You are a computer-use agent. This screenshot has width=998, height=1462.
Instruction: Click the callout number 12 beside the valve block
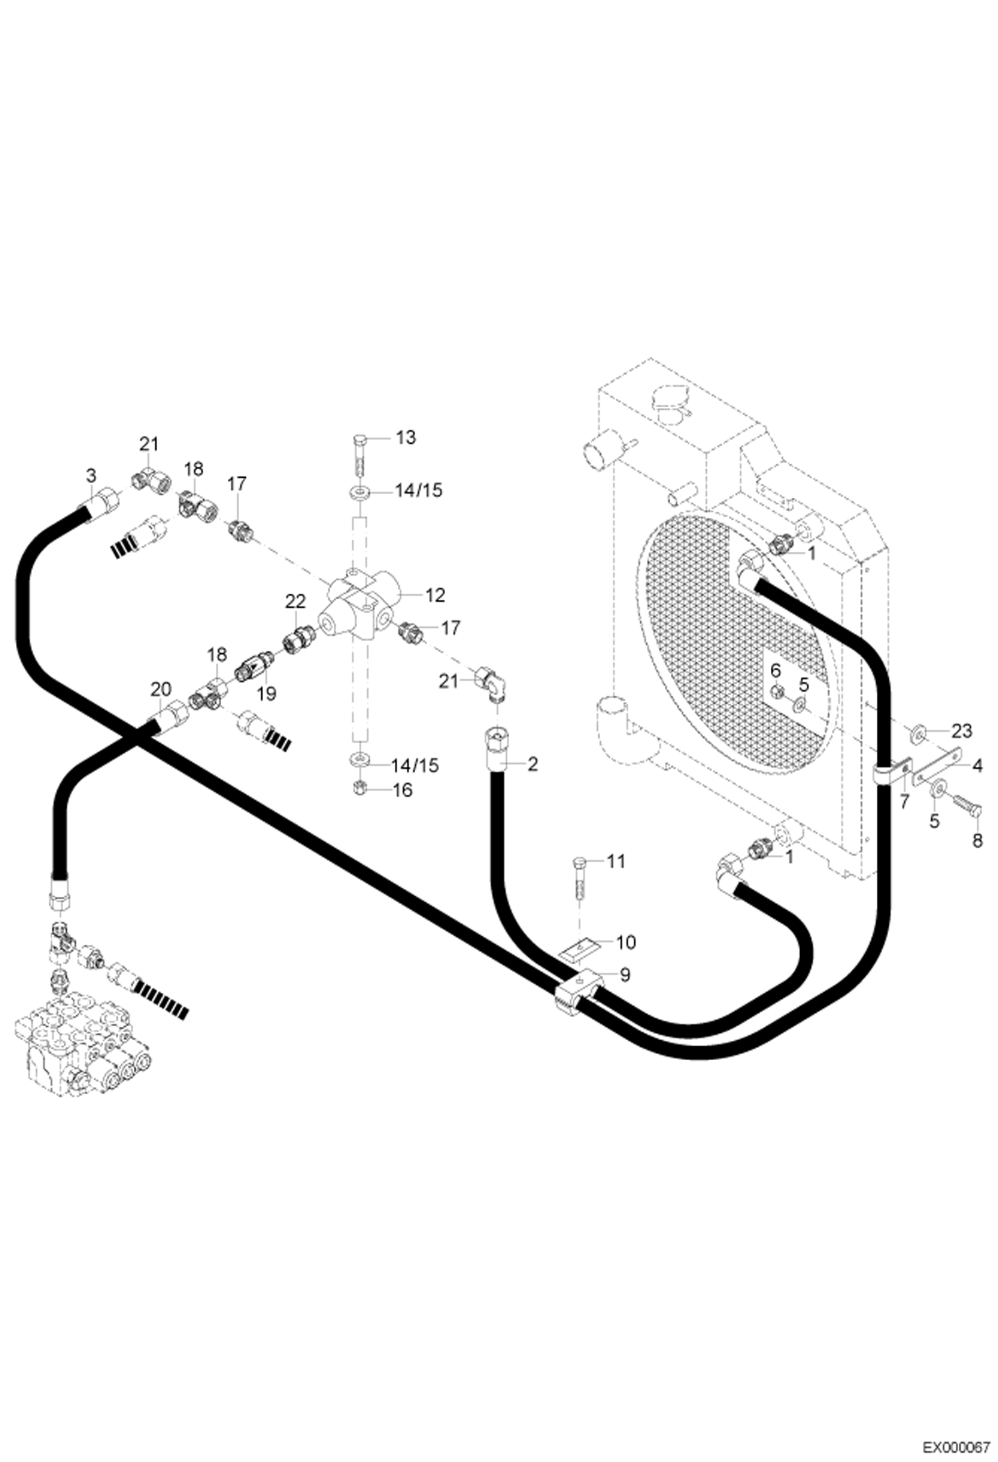pyautogui.click(x=434, y=594)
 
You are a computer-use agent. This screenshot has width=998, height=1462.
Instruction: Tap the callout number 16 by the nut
pyautogui.click(x=402, y=790)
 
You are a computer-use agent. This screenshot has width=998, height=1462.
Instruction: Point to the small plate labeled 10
pyautogui.click(x=578, y=948)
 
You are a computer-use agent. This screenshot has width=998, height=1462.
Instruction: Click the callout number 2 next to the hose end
pyautogui.click(x=532, y=764)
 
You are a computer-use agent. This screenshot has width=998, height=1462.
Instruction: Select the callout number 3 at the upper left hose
pyautogui.click(x=91, y=475)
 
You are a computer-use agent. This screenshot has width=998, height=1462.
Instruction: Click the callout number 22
pyautogui.click(x=295, y=601)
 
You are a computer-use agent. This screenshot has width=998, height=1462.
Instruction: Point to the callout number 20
pyautogui.click(x=161, y=688)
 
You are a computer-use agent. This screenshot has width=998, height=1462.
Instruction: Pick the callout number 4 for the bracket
pyautogui.click(x=977, y=766)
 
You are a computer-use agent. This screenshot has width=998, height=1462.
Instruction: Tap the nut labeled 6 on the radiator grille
pyautogui.click(x=777, y=694)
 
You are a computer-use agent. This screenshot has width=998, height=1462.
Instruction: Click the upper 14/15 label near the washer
pyautogui.click(x=418, y=490)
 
